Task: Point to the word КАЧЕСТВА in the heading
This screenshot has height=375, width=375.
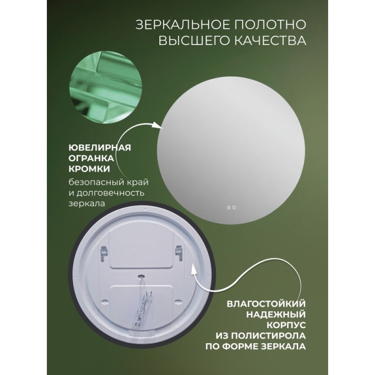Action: click(270, 40)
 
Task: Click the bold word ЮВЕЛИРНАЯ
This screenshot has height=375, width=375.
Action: click(100, 148)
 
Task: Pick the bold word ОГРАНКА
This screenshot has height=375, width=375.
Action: click(91, 158)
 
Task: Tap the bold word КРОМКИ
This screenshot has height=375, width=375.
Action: click(90, 169)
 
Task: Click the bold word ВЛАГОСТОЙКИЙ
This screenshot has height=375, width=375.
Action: click(266, 304)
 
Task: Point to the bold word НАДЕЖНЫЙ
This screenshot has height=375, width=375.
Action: click(276, 315)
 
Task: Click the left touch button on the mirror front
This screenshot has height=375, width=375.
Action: click(228, 208)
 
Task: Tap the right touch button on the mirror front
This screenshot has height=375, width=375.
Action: click(234, 208)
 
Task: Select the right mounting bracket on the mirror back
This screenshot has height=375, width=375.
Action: click(179, 253)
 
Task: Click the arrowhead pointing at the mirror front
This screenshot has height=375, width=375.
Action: click(158, 125)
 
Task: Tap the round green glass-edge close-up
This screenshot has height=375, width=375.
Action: click(105, 87)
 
